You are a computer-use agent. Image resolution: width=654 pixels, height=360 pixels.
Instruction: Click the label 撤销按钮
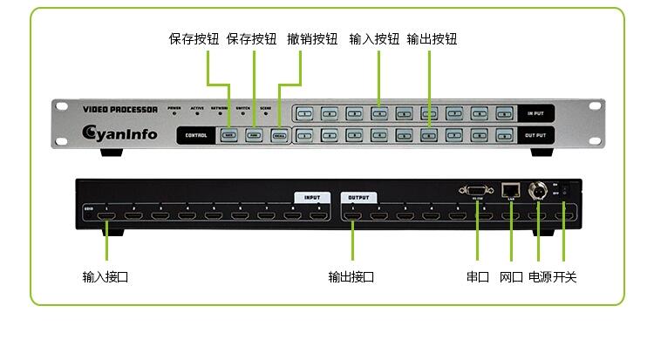(312, 39)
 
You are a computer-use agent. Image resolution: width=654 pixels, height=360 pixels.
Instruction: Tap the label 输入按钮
(374, 39)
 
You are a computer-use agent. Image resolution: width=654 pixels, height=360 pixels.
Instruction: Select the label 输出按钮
(432, 39)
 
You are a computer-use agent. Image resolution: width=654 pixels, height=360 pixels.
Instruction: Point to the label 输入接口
(106, 277)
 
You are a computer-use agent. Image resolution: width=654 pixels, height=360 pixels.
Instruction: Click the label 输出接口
(351, 277)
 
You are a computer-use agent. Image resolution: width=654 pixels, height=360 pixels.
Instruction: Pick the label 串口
(478, 277)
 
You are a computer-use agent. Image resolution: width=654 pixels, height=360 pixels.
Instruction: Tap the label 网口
(511, 277)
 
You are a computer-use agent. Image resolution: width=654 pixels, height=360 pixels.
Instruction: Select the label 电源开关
(552, 277)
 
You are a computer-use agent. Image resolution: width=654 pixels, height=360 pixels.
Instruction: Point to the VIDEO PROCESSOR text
(119, 110)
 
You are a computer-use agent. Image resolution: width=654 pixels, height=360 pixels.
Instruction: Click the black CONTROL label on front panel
(196, 135)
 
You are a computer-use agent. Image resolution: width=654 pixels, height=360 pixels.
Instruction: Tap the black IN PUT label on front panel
(535, 113)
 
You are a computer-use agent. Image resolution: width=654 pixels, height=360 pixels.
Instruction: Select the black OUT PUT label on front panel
(535, 135)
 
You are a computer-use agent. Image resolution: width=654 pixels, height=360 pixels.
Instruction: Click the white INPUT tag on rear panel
(312, 197)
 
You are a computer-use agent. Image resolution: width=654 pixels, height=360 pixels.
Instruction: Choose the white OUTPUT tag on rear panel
(359, 197)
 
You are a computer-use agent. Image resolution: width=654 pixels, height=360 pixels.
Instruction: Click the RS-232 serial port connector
(477, 191)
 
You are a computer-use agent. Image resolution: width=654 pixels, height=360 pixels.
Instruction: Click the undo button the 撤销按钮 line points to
(279, 136)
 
